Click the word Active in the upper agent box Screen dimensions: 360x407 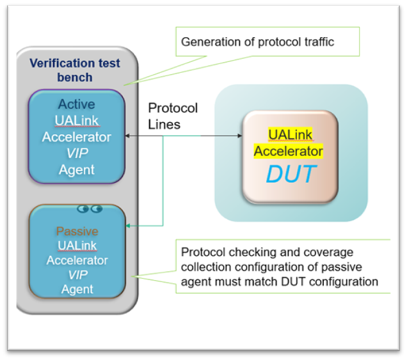pos(76,104)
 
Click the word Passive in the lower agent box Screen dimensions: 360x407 pos(77,231)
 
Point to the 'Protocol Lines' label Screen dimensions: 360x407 pos(173,116)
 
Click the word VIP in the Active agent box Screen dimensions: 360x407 pos(77,153)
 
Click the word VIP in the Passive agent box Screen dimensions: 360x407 pos(77,275)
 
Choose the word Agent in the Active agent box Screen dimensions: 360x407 pos(77,169)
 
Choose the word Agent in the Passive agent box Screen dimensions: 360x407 pos(77,290)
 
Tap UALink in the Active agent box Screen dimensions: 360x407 pos(77,121)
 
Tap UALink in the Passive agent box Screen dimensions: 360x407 pos(77,246)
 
